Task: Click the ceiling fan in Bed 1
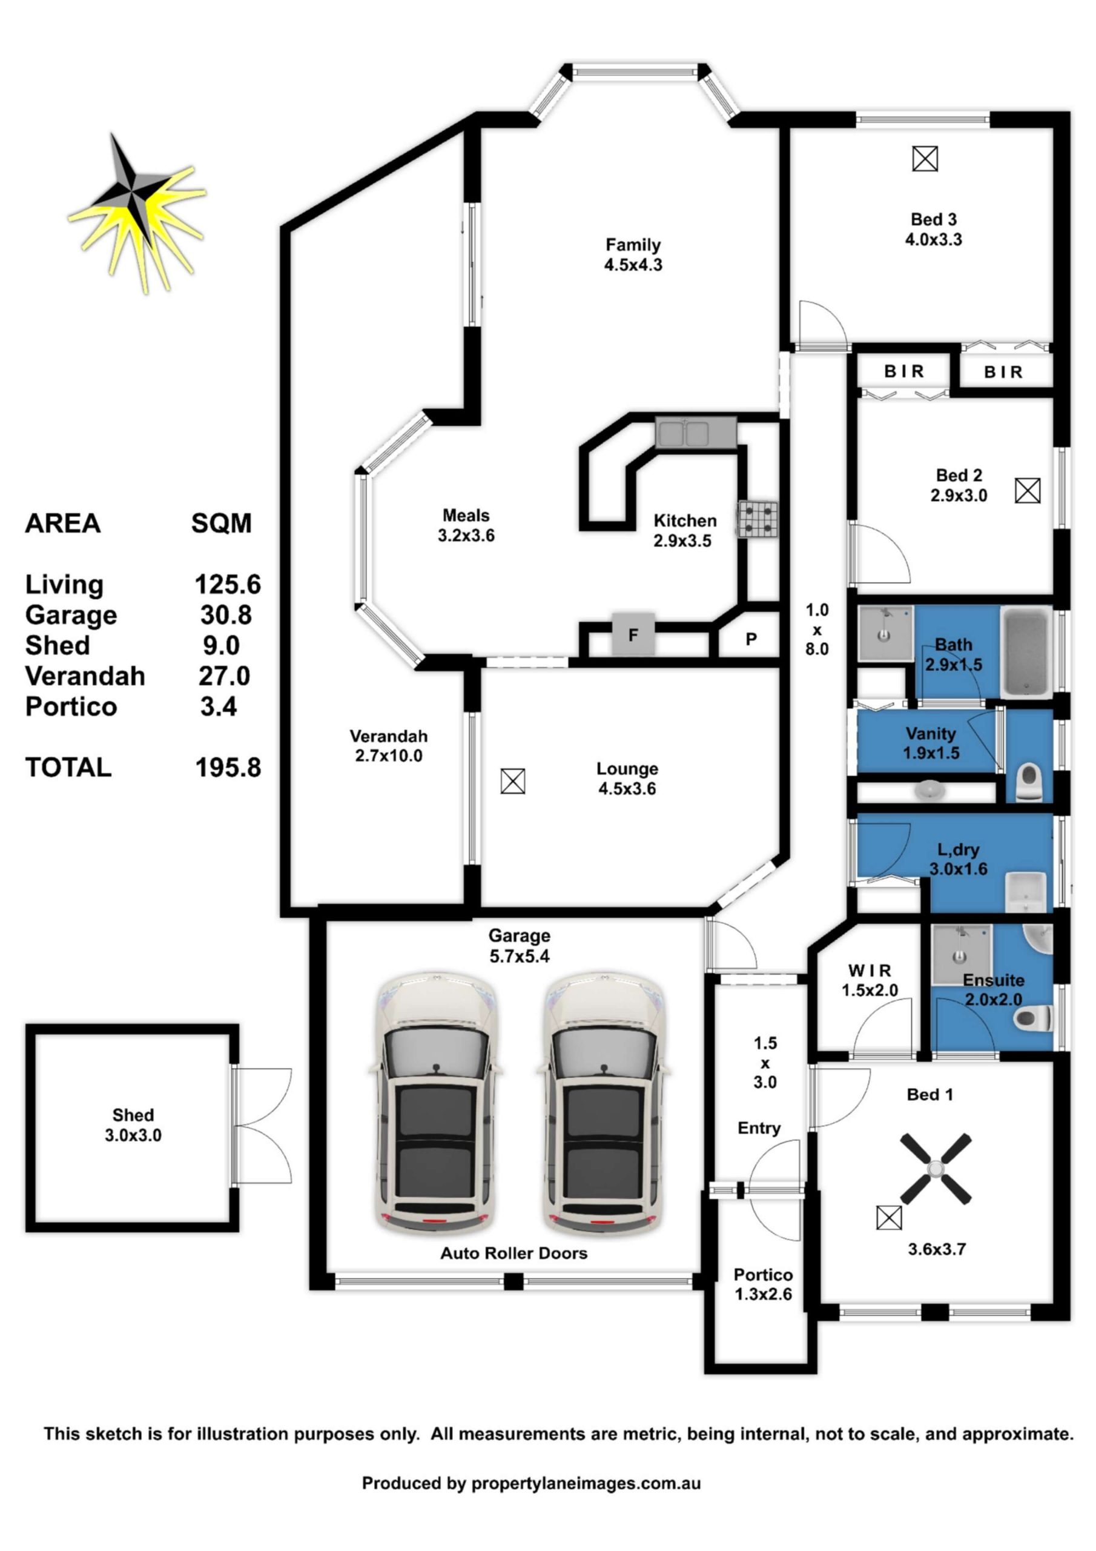936,1169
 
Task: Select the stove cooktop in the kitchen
757,519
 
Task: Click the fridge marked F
633,634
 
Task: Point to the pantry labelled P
751,639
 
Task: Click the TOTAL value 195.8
228,768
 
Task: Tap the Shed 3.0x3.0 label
133,1124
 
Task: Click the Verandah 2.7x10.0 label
388,746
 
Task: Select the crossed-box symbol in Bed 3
925,159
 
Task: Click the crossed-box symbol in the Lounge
512,782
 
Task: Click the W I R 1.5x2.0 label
869,980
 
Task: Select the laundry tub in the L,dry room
1026,891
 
